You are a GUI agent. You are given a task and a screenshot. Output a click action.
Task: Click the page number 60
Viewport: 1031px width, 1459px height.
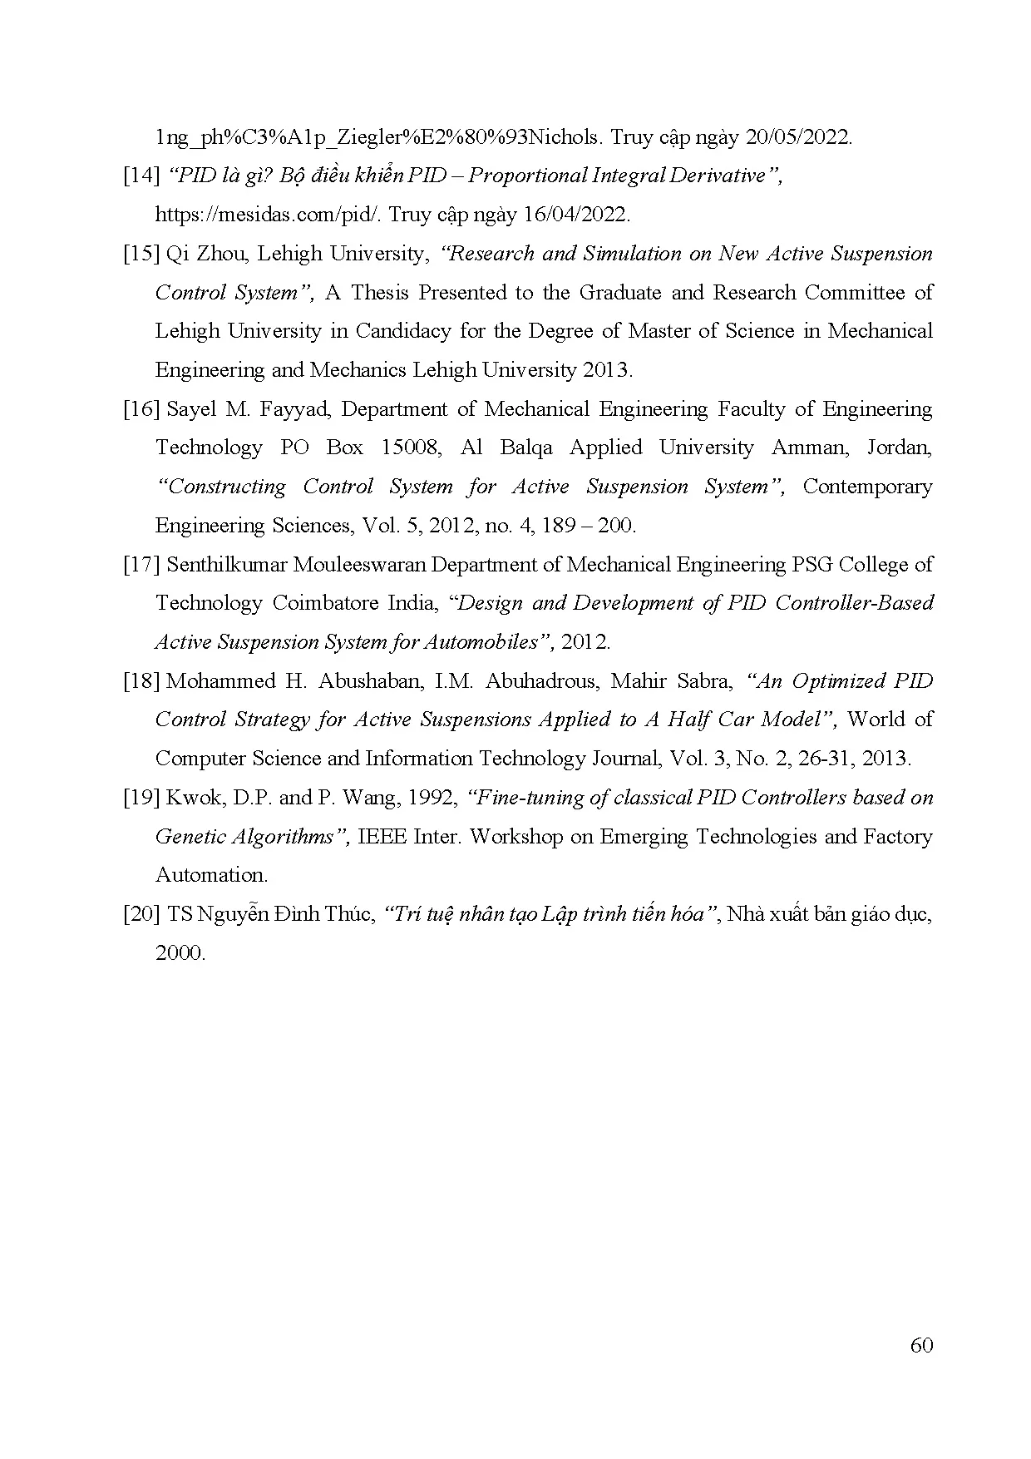coord(921,1345)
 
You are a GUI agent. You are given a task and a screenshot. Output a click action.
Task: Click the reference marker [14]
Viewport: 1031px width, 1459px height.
coord(141,176)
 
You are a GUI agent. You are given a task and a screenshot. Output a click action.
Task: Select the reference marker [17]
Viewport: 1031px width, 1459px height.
coord(141,565)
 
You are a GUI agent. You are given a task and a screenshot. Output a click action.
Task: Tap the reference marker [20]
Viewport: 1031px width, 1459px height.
coord(141,914)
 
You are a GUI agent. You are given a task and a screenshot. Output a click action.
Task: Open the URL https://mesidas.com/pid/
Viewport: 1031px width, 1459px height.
coord(269,215)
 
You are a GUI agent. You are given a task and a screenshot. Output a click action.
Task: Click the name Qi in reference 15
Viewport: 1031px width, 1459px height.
coord(177,254)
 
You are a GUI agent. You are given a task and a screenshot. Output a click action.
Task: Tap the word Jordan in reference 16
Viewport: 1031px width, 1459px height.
coord(898,448)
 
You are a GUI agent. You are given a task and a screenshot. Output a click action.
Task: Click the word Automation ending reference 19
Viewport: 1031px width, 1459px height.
coord(210,875)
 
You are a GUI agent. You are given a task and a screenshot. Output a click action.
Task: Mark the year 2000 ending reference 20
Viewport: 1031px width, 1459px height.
coord(179,953)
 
